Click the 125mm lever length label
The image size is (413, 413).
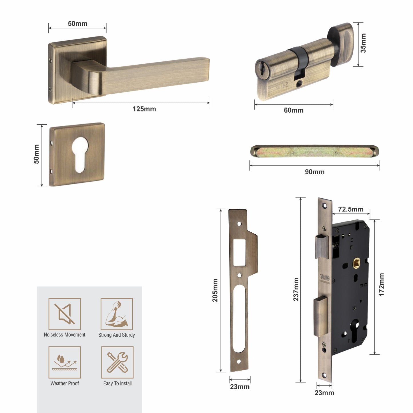[x=144, y=109]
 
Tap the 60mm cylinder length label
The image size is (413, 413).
[x=294, y=110]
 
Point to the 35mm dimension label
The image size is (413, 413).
[x=363, y=43]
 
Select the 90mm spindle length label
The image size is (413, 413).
[x=314, y=172]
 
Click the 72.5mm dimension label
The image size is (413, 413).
[x=351, y=209]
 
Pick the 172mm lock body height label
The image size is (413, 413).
[x=381, y=285]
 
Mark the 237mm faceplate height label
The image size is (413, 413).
[x=296, y=289]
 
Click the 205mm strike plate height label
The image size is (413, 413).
[x=215, y=290]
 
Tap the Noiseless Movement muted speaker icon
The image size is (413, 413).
[x=65, y=314]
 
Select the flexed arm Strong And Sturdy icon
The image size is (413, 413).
[x=117, y=314]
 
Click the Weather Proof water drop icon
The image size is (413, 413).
[x=65, y=362]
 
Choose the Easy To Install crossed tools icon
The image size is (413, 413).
[x=117, y=362]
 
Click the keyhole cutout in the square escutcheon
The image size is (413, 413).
[x=80, y=154]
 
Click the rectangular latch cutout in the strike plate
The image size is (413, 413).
[x=239, y=253]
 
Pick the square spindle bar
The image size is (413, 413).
[x=314, y=151]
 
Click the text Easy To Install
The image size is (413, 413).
[x=117, y=384]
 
